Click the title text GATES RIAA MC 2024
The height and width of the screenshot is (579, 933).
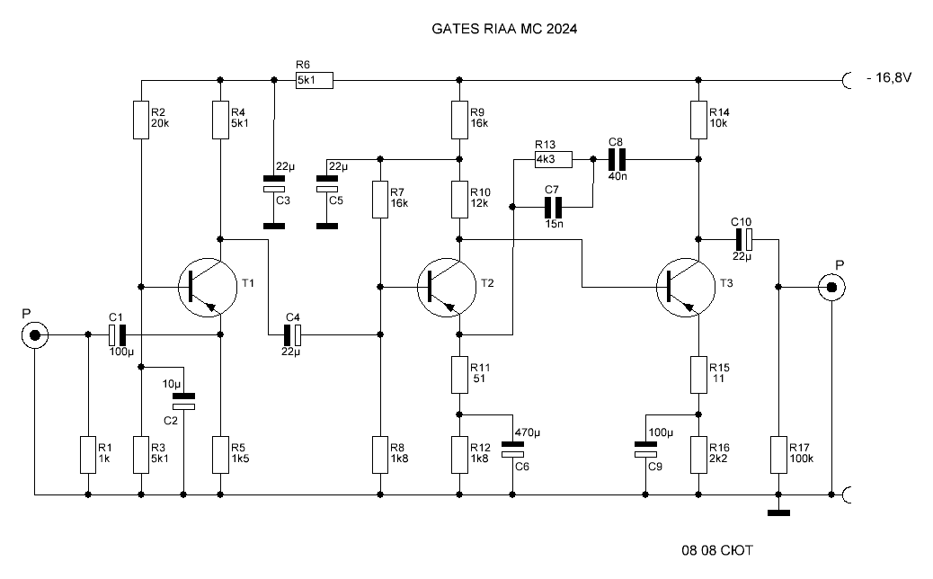click(x=504, y=29)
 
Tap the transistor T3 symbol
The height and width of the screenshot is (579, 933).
click(x=686, y=288)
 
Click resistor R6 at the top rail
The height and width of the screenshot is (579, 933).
click(x=315, y=80)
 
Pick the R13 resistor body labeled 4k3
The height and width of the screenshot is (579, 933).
click(x=554, y=159)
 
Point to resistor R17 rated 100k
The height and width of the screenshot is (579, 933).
click(x=779, y=455)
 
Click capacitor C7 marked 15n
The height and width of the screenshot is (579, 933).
click(x=553, y=207)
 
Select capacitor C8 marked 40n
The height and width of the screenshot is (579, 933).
click(x=617, y=159)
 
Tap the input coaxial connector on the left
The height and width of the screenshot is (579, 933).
click(x=34, y=335)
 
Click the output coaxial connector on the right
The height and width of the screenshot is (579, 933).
click(x=831, y=288)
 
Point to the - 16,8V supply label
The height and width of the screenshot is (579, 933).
click(x=889, y=78)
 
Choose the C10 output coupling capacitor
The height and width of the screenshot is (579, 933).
click(x=743, y=239)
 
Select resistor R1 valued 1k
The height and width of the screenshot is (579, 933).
click(x=88, y=455)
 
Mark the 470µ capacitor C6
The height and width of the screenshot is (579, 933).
click(x=512, y=450)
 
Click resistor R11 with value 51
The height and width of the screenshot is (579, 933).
click(x=459, y=375)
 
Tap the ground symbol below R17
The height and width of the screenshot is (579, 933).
click(x=779, y=512)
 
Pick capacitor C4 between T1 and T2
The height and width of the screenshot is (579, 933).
click(x=292, y=335)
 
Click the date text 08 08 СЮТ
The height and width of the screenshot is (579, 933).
click(x=717, y=550)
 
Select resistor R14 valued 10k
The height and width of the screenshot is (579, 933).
click(x=698, y=120)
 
